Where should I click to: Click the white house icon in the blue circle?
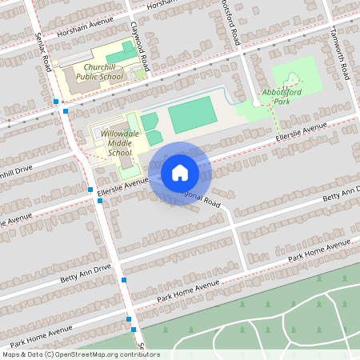point(180,172)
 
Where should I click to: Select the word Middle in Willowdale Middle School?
point(118,141)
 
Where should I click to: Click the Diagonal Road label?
point(196,200)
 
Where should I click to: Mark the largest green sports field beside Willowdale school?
point(192,114)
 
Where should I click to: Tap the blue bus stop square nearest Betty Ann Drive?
point(124,280)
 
